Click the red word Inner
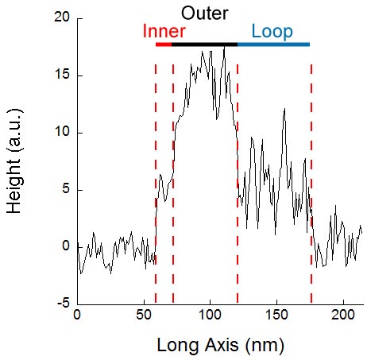click(164, 31)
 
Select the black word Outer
click(204, 14)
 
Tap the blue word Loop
click(272, 32)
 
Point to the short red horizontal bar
click(164, 45)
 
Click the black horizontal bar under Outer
click(204, 45)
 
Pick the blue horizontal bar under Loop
click(273, 45)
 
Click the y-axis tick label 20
click(61, 17)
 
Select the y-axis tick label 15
click(62, 75)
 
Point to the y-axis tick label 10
click(62, 132)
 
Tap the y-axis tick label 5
click(66, 189)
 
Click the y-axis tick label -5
click(64, 304)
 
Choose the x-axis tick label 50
click(144, 315)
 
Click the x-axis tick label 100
click(210, 315)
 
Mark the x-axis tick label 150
click(276, 315)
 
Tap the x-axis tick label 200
click(343, 315)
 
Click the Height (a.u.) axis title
click(14, 161)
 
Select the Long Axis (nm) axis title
click(220, 346)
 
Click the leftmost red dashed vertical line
click(156, 184)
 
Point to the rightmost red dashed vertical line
click(311, 184)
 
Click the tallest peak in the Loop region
click(284, 109)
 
